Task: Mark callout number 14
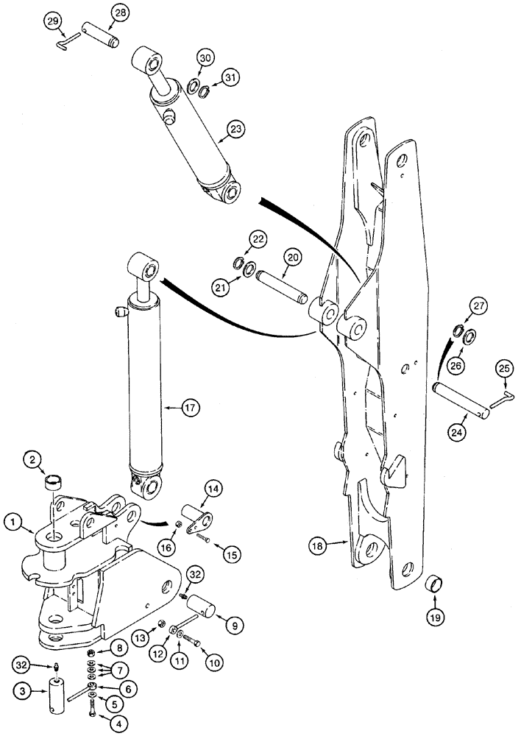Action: pyautogui.click(x=213, y=489)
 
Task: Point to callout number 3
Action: pyautogui.click(x=23, y=692)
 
